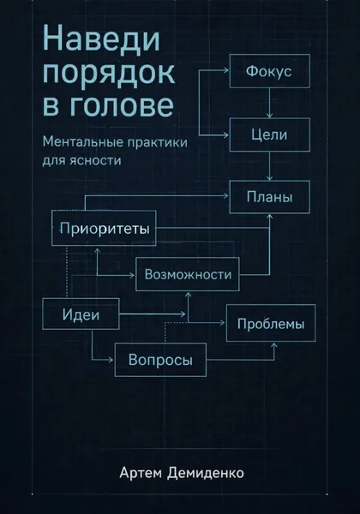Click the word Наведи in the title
point(101,39)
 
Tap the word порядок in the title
point(109,73)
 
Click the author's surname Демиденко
point(206,474)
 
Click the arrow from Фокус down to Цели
point(269,103)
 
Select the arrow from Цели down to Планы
point(269,166)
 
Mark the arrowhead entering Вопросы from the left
point(111,360)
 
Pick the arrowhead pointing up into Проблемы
point(274,345)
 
